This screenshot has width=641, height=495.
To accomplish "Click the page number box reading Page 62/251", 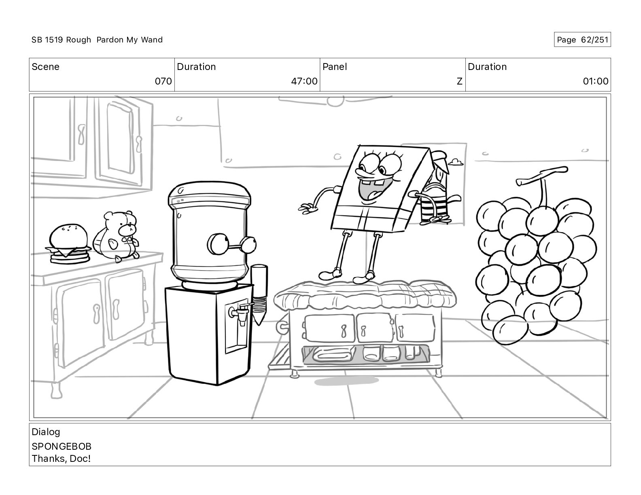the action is click(582, 40).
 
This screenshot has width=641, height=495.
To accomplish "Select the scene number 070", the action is click(163, 81).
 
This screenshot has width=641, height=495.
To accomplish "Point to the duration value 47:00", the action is click(304, 81).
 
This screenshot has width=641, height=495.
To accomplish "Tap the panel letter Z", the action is click(459, 81).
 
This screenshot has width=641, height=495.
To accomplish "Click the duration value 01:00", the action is click(596, 81).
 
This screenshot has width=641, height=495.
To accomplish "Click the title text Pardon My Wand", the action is click(129, 40).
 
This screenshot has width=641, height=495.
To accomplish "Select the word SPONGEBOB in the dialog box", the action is click(62, 446).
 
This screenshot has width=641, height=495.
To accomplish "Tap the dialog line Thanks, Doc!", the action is click(61, 459).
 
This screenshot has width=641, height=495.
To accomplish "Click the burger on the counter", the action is click(69, 244).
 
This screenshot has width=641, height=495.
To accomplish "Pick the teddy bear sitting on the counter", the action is click(117, 236).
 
